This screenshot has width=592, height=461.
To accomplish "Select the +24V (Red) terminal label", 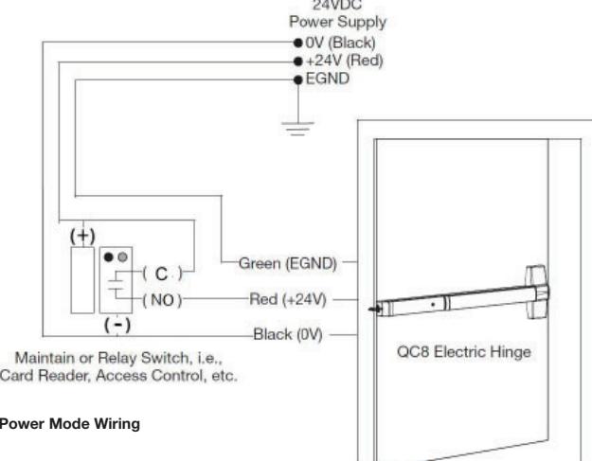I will (x=338, y=60).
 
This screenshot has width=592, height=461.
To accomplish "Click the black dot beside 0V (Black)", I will (x=285, y=44).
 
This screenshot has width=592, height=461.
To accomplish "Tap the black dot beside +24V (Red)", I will (x=285, y=60).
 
